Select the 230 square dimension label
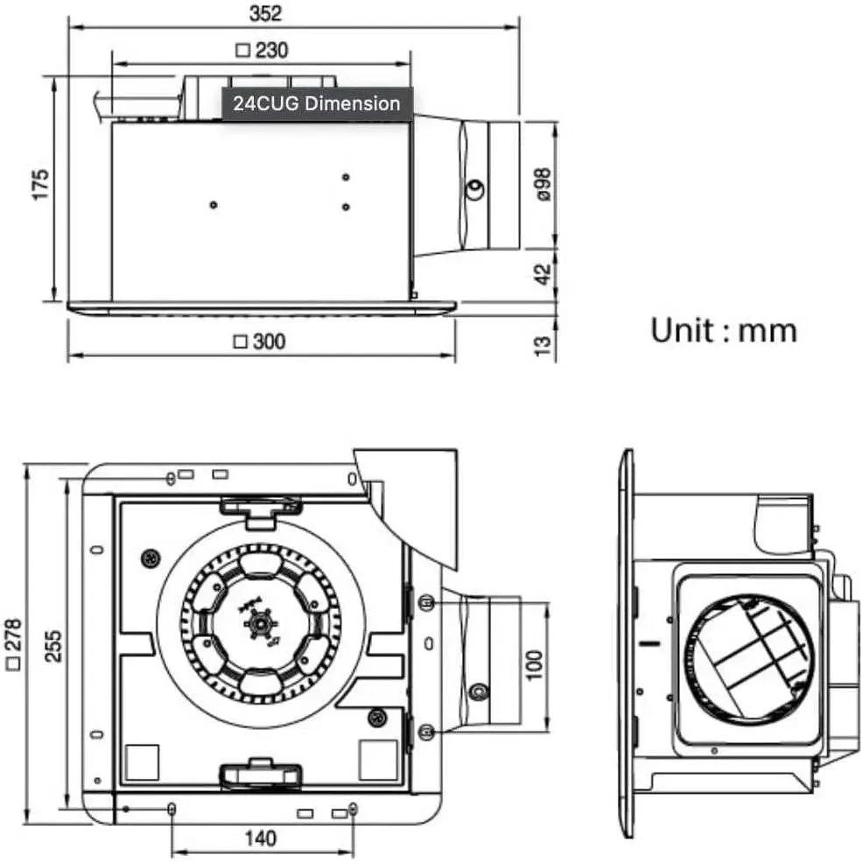coord(262,51)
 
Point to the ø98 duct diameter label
coord(543,185)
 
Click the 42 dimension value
coord(543,273)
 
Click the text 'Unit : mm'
coord(723,330)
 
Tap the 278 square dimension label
coord(13,647)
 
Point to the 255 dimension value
coord(53,647)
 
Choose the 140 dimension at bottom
coord(260,838)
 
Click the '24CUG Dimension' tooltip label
coord(316,104)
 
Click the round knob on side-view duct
coord(476,189)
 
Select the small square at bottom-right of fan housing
coord(377,759)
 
